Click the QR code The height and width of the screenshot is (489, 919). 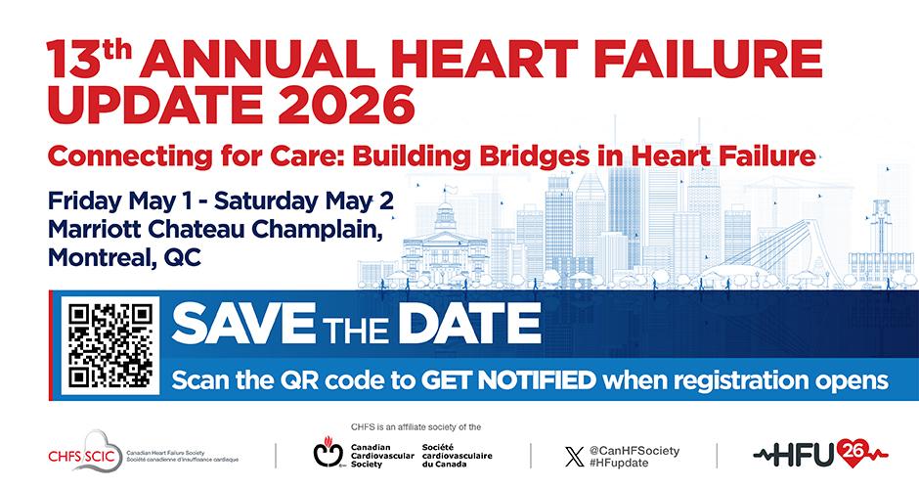click(x=110, y=345)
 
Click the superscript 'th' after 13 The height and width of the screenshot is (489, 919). click(x=115, y=51)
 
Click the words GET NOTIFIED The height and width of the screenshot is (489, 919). click(x=508, y=380)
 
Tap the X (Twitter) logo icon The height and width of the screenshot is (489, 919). click(x=575, y=457)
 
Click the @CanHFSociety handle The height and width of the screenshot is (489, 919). click(x=635, y=450)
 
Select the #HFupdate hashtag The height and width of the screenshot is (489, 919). click(x=619, y=463)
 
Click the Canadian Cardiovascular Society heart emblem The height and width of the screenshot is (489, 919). click(x=328, y=452)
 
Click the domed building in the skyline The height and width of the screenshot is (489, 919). click(x=445, y=242)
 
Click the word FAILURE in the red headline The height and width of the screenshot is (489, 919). click(x=710, y=59)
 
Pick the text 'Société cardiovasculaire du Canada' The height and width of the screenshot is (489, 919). click(x=458, y=456)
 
